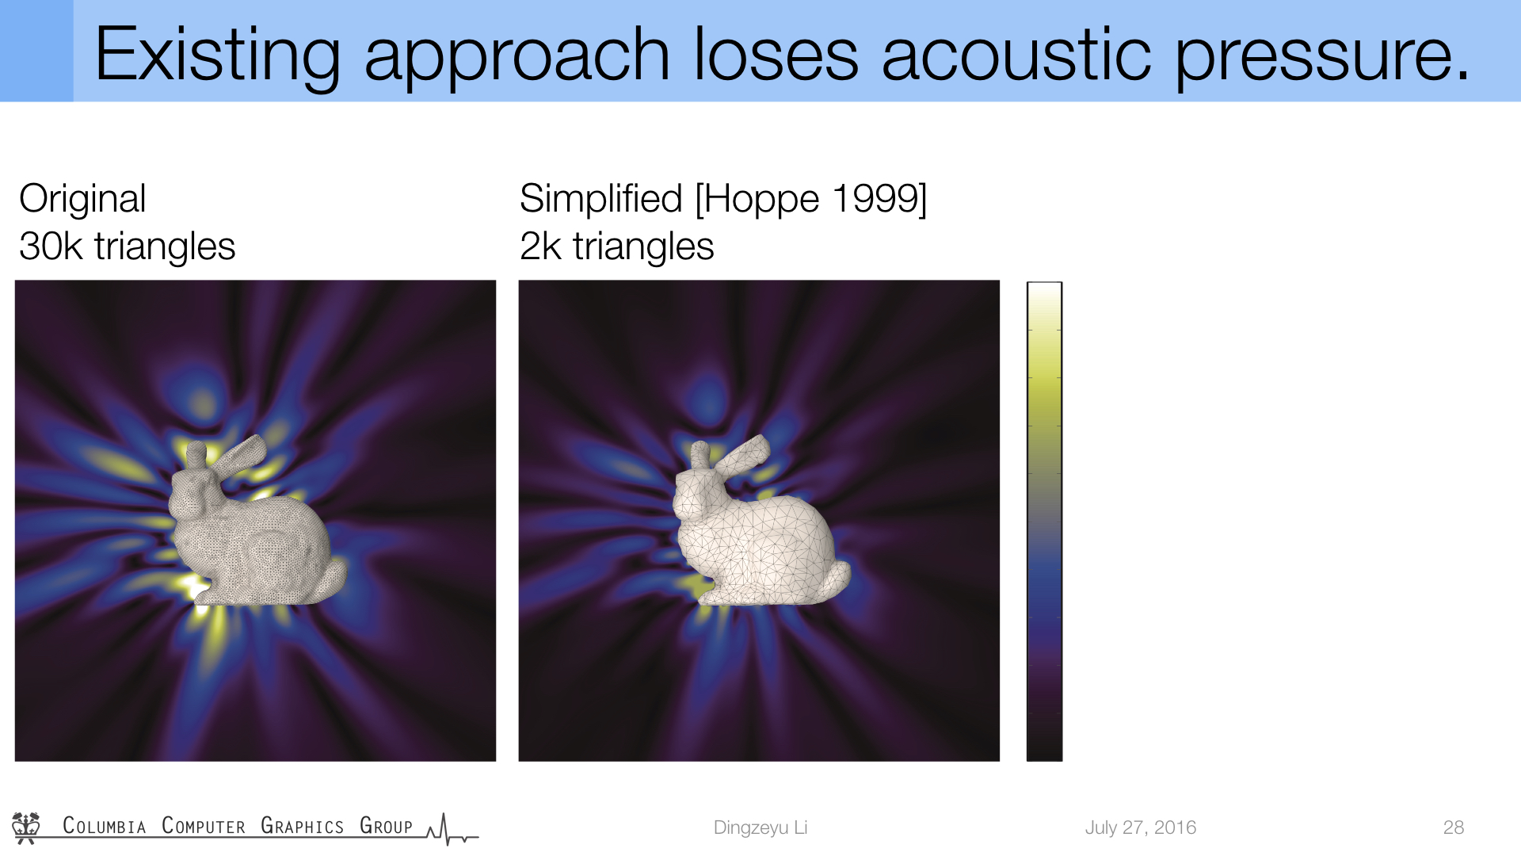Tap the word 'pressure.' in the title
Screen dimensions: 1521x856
[x=1322, y=57]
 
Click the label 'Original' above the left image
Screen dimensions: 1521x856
[x=82, y=199]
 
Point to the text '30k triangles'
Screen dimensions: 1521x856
[x=128, y=246]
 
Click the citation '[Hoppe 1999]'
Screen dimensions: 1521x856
[x=811, y=198]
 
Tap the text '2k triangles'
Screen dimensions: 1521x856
[x=616, y=246]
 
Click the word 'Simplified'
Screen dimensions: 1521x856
[x=600, y=198]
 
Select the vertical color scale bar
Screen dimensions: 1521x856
[x=1044, y=521]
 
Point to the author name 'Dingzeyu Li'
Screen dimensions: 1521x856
[x=760, y=827]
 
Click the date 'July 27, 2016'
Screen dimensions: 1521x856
[x=1141, y=827]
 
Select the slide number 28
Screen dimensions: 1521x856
[x=1454, y=827]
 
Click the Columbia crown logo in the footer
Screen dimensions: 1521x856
[x=26, y=827]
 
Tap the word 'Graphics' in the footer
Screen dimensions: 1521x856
[x=302, y=826]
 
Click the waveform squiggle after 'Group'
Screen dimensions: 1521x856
[x=452, y=830]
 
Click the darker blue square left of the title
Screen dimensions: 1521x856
[x=36, y=51]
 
